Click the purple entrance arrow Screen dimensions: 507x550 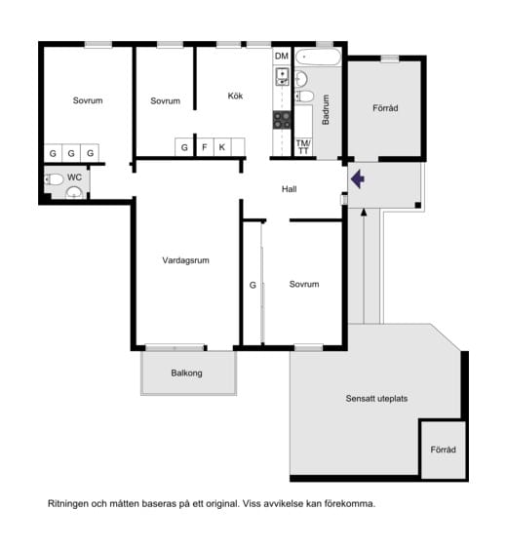(x=358, y=178)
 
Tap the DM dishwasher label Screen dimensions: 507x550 (x=282, y=56)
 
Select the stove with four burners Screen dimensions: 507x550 (x=282, y=120)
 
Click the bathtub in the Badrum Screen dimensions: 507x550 (x=318, y=57)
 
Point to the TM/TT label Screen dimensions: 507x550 (x=303, y=147)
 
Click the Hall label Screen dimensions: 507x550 (x=290, y=189)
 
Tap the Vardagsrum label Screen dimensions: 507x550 (x=185, y=260)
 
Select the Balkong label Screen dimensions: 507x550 (x=186, y=373)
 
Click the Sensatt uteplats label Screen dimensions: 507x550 (x=376, y=399)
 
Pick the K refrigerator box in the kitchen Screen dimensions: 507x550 (x=222, y=147)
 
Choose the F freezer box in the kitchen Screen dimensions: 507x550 (x=205, y=147)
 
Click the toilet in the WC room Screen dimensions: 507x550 (x=54, y=179)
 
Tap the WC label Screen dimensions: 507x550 (x=74, y=177)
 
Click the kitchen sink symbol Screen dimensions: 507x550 (x=282, y=77)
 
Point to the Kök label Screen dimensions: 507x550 (x=235, y=96)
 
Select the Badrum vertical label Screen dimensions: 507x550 (x=326, y=109)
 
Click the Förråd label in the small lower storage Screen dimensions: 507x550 (x=444, y=450)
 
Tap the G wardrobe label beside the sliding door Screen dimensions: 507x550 (x=253, y=285)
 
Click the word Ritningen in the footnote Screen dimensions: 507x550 (x=68, y=504)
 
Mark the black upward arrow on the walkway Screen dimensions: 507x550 (x=364, y=265)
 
